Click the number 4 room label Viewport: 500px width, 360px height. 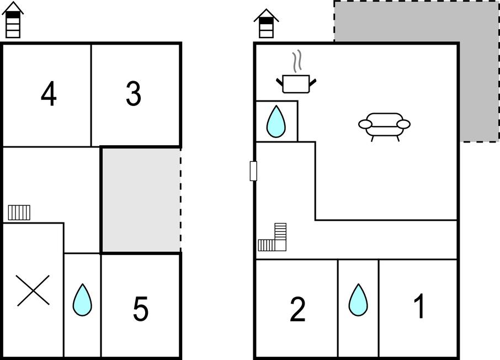[49, 94]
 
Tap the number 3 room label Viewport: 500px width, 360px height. [134, 94]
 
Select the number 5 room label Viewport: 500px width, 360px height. [141, 309]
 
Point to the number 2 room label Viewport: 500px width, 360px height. [297, 310]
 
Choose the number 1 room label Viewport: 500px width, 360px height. [419, 306]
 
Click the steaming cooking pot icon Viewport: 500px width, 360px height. [297, 83]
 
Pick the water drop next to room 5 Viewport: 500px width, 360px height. [82, 300]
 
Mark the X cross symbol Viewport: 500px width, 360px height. [33, 290]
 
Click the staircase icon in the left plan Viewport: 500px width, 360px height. [19, 212]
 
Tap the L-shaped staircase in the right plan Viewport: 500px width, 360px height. [275, 239]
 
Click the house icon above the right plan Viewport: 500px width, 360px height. [267, 23]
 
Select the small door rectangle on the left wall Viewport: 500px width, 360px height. [253, 171]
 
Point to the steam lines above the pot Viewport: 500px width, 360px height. [298, 60]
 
